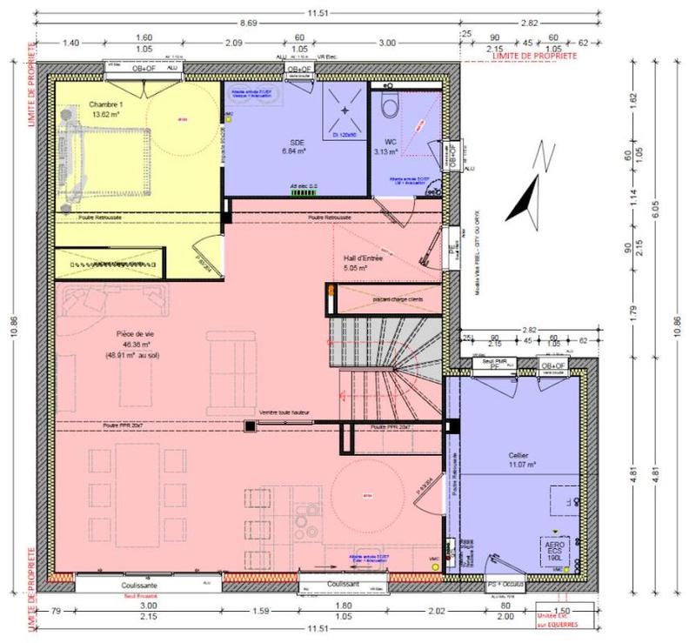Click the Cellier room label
point(519,455)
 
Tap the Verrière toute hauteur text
point(284,412)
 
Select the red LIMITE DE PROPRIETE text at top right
point(522,54)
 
